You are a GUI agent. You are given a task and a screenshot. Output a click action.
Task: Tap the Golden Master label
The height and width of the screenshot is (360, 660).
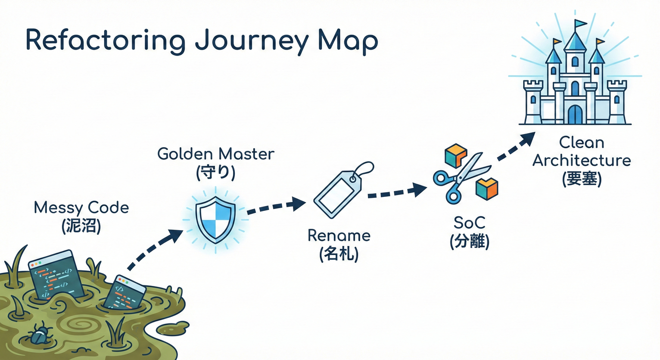[216, 154]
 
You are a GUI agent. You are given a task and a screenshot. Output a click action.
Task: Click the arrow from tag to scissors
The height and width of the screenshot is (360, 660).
[397, 192]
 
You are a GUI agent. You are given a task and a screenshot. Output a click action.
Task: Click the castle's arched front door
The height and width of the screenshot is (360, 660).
[575, 114]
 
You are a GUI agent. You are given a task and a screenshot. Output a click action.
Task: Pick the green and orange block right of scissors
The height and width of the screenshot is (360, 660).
[487, 187]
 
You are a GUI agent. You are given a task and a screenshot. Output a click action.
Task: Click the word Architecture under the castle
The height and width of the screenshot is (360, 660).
[582, 160]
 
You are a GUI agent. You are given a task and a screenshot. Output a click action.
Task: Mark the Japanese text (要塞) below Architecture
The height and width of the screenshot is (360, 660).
[582, 179]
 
